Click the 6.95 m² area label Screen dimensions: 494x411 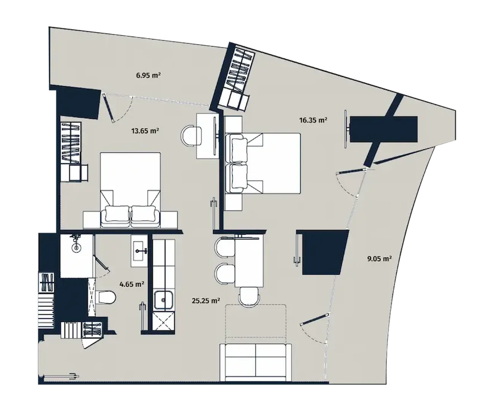coord(148,76)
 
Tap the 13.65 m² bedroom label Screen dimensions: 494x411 coord(145,131)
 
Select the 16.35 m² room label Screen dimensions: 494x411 coord(313,120)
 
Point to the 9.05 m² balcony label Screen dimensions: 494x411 coord(379,259)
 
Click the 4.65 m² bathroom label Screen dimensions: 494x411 coord(132,284)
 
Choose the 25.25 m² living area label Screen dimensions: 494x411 coord(206,301)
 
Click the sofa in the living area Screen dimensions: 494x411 coord(256,362)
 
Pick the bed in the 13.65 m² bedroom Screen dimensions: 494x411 coord(130,190)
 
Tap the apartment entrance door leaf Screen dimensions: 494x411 coord(93,341)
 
